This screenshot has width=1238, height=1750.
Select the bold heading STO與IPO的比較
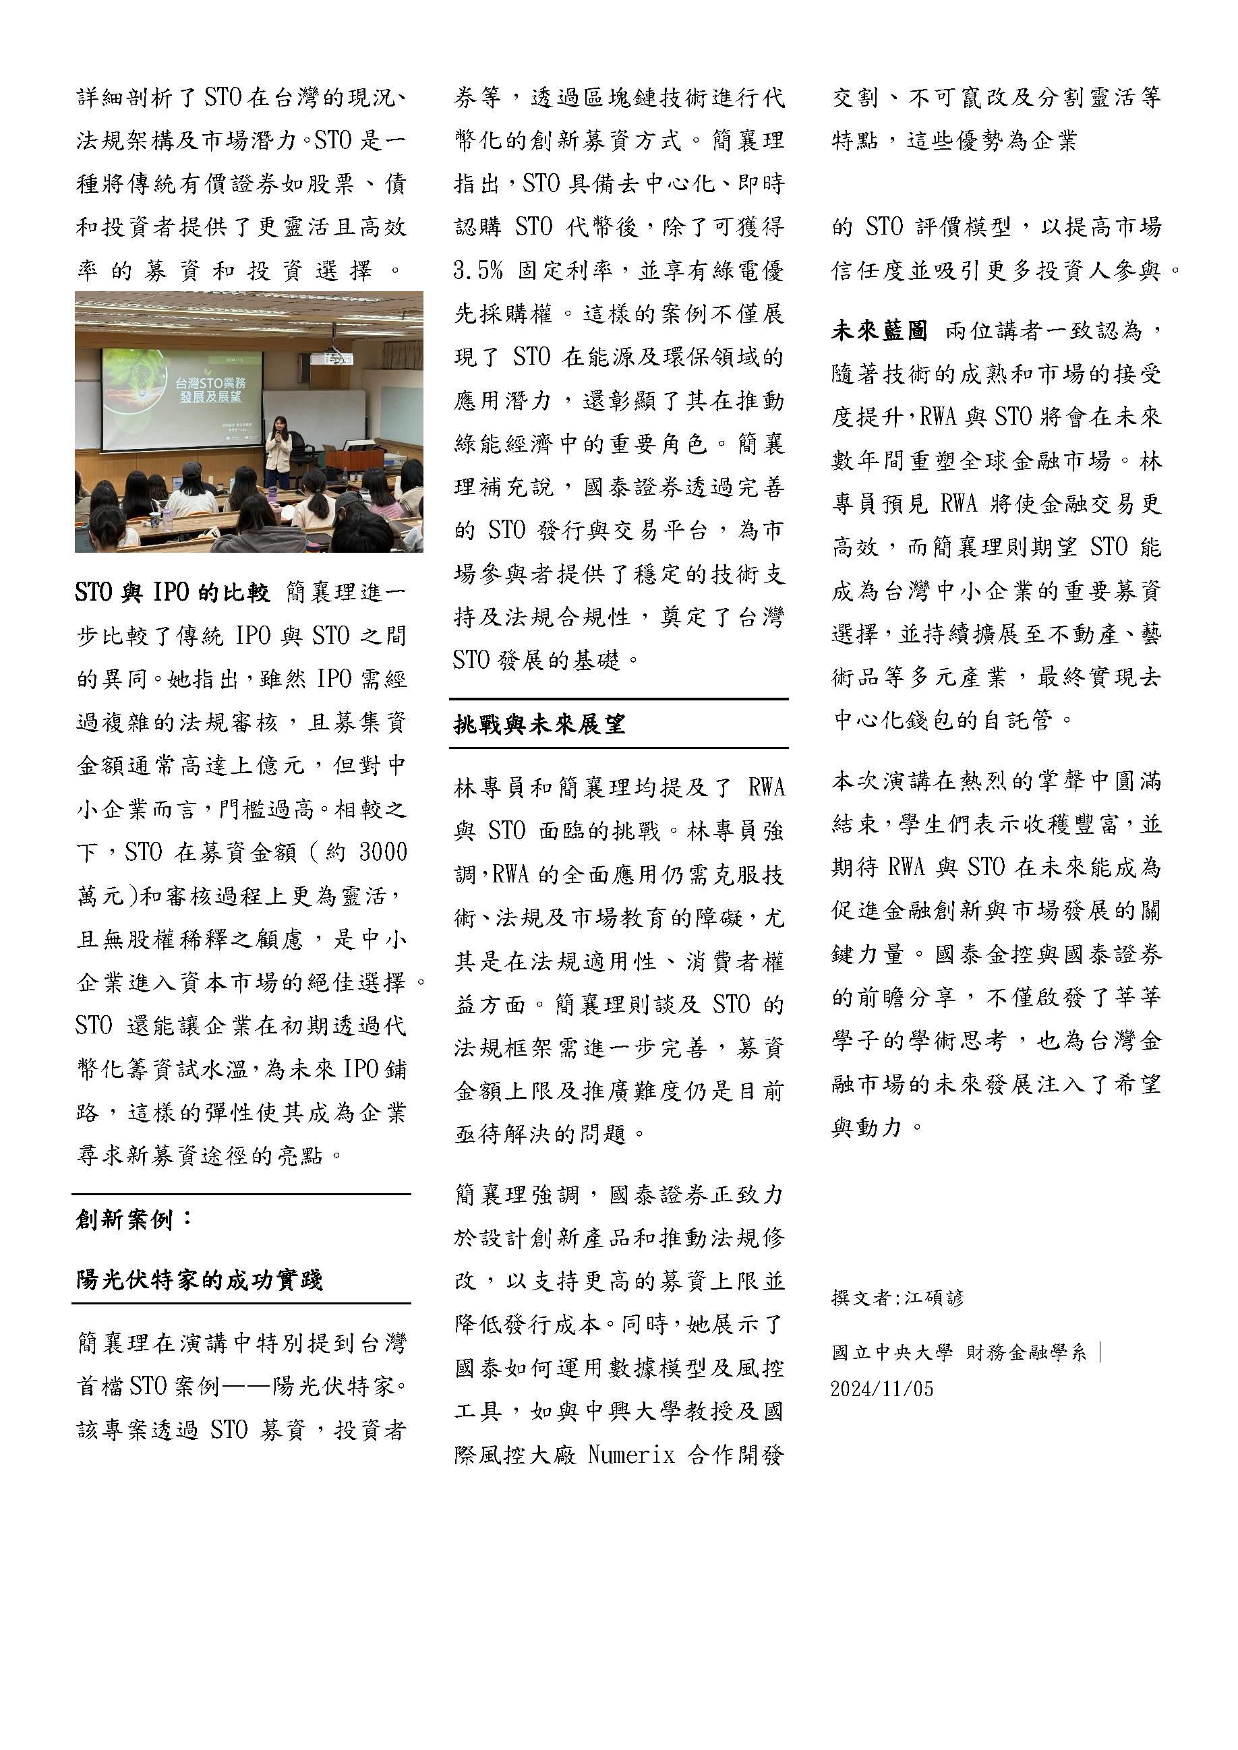(x=173, y=593)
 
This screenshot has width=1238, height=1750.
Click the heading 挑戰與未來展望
(x=539, y=724)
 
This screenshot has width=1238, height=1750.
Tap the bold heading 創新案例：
(x=134, y=1219)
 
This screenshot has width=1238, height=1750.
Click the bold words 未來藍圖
(x=879, y=331)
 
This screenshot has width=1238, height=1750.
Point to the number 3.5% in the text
(x=478, y=270)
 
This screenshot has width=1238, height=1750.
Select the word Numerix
(x=631, y=1455)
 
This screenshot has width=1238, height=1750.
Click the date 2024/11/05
(x=881, y=1389)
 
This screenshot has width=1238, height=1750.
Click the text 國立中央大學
(x=892, y=1353)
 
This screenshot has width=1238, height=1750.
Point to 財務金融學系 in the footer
(x=1026, y=1353)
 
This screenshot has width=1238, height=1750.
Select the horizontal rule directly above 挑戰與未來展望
(x=618, y=699)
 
